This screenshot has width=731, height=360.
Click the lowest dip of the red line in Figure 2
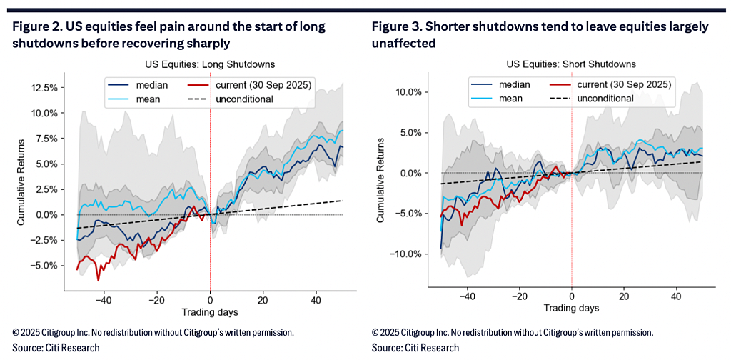[98, 280]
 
